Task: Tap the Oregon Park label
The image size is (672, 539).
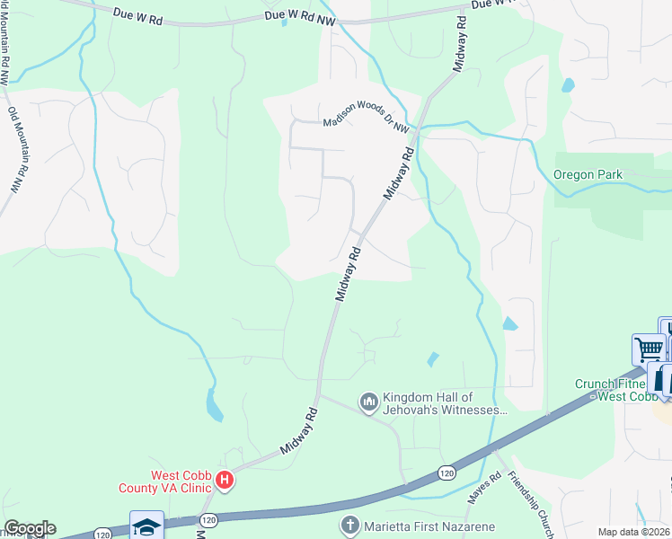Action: pyautogui.click(x=587, y=174)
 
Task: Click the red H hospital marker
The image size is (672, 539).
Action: pyautogui.click(x=225, y=481)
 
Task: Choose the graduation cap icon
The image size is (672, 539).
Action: pyautogui.click(x=146, y=526)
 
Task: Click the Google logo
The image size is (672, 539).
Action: pyautogui.click(x=30, y=528)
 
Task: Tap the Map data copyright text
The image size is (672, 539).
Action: pyautogui.click(x=633, y=532)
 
